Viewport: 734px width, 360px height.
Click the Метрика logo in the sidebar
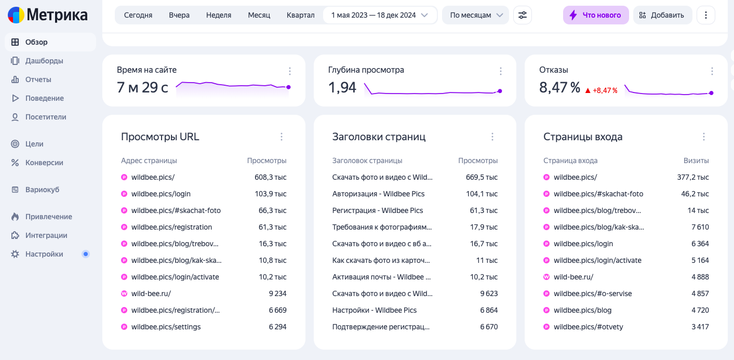[x=48, y=15]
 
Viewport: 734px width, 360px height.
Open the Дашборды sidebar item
[x=44, y=61]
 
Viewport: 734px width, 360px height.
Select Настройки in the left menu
[x=44, y=254]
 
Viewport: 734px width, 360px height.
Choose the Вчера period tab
[x=179, y=15]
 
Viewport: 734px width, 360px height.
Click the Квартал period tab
[x=301, y=15]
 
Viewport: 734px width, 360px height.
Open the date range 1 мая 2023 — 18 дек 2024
[x=380, y=15]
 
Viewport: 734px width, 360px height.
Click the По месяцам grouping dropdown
[x=475, y=15]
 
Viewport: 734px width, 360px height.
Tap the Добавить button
[x=662, y=15]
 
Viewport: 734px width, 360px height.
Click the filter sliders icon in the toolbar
[x=523, y=15]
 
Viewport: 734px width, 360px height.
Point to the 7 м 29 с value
[x=142, y=88]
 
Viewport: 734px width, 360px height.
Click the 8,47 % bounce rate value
[x=559, y=88]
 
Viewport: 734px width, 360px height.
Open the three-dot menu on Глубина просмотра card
[x=501, y=71]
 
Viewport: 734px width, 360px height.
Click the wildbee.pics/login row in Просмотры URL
[x=161, y=194]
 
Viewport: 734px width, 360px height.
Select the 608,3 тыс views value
[x=270, y=177]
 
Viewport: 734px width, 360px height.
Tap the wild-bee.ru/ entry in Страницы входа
[x=573, y=277]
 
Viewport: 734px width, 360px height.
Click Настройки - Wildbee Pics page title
[x=375, y=310]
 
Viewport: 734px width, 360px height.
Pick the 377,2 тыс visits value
[x=693, y=177]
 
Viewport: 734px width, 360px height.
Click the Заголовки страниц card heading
[x=379, y=137]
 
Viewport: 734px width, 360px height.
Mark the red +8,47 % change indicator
[x=602, y=90]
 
